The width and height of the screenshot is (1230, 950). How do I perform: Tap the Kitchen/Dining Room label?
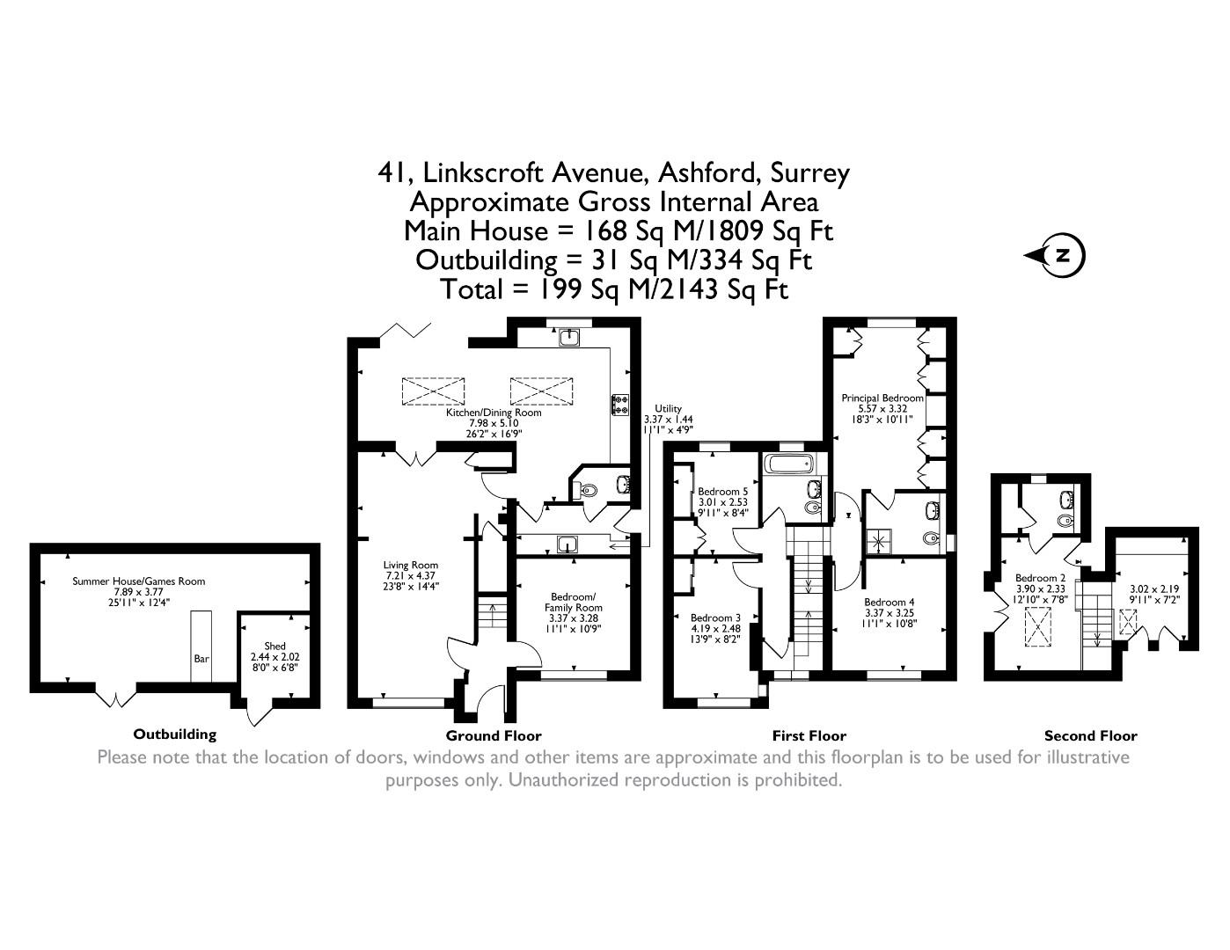pyautogui.click(x=494, y=413)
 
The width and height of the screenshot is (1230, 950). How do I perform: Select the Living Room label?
pyautogui.click(x=410, y=566)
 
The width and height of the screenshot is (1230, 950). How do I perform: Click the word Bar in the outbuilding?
pyautogui.click(x=201, y=658)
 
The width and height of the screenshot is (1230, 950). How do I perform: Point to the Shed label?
pyautogui.click(x=275, y=647)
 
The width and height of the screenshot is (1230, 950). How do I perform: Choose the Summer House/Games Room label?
pyautogui.click(x=138, y=581)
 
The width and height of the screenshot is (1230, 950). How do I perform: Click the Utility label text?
pyautogui.click(x=668, y=408)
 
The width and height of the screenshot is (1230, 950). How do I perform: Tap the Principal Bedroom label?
pyautogui.click(x=882, y=398)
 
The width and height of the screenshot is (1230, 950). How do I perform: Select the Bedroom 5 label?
pyautogui.click(x=722, y=492)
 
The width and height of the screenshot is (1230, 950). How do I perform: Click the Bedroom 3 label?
pyautogui.click(x=714, y=617)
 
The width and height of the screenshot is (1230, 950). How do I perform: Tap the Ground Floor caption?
pyautogui.click(x=494, y=735)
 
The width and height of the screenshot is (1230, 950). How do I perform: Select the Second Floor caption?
pyautogui.click(x=1090, y=735)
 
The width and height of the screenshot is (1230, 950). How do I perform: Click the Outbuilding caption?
pyautogui.click(x=174, y=734)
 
